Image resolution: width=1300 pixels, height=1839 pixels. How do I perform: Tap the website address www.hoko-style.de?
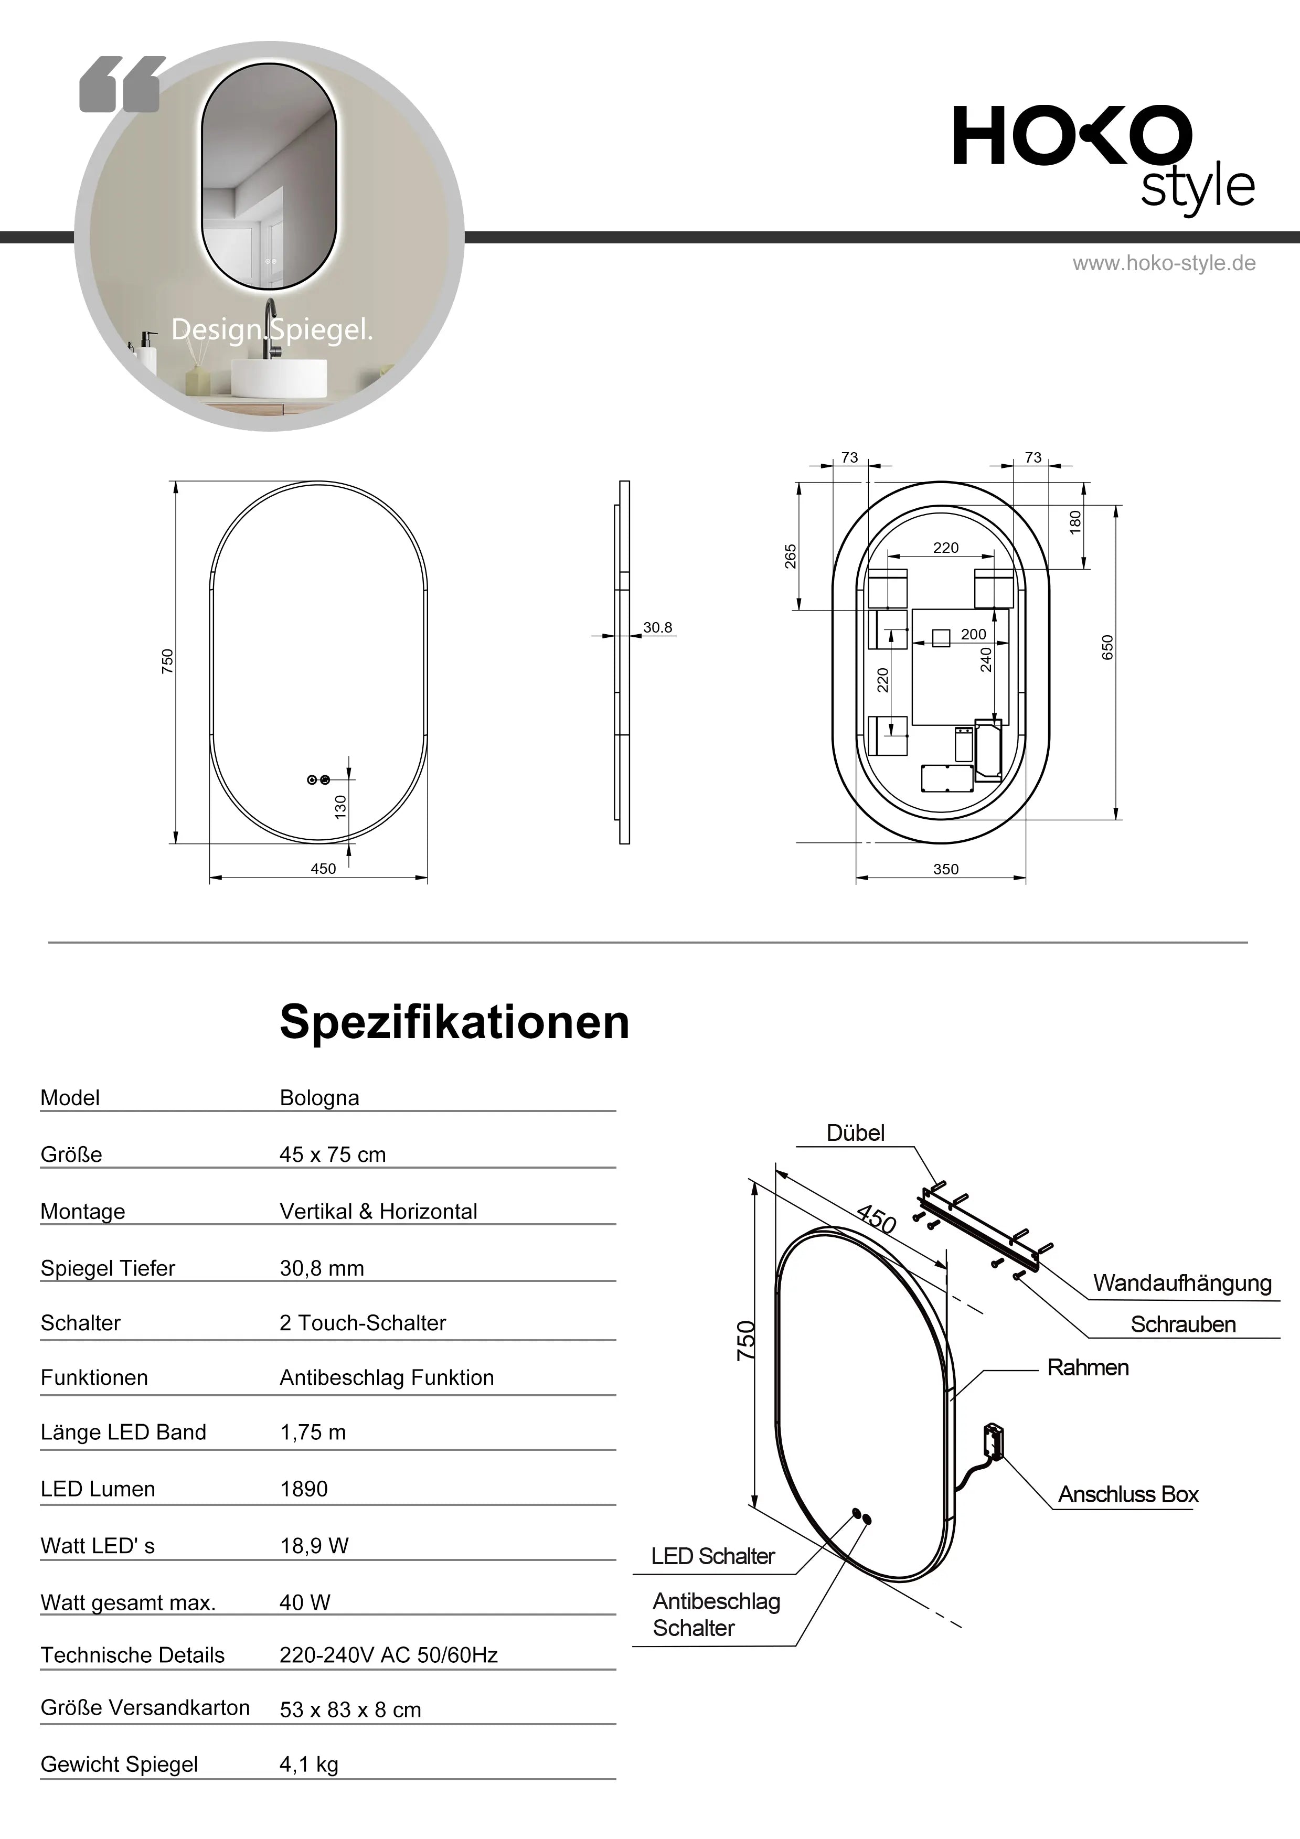[1164, 263]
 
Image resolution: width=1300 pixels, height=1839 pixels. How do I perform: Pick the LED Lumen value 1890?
[304, 1489]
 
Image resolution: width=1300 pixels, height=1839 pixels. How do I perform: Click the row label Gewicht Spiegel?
[119, 1765]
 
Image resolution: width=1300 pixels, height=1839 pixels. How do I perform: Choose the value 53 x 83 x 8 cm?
[350, 1710]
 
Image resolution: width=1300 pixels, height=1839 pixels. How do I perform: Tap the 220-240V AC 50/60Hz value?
[388, 1655]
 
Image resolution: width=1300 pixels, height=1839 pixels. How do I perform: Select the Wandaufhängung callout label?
[1181, 1283]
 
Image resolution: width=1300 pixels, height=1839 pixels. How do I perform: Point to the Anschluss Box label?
[1128, 1494]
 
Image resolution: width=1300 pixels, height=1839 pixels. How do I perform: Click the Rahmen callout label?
[1088, 1367]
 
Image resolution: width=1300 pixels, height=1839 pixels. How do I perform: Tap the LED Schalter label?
[712, 1556]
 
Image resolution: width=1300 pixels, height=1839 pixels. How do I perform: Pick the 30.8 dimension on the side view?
[658, 628]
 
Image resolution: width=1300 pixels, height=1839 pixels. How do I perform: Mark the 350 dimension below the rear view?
[945, 869]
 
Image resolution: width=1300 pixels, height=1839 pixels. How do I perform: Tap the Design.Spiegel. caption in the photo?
[272, 329]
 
